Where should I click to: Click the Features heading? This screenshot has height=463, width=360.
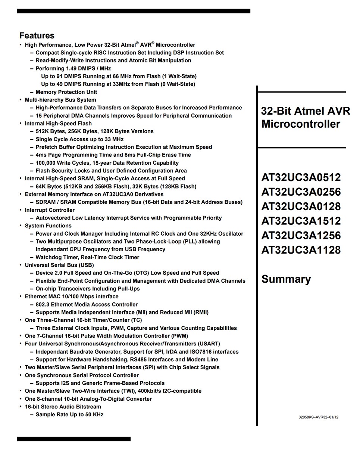[x=37, y=36]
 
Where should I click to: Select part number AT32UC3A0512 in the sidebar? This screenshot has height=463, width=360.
[x=301, y=177]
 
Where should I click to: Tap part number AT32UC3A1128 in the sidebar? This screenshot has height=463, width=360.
[x=301, y=250]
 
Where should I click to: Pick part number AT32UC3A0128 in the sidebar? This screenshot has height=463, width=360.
[x=301, y=206]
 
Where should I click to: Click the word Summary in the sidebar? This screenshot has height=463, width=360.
[x=286, y=279]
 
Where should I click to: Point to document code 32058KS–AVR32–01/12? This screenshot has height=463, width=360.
[x=318, y=417]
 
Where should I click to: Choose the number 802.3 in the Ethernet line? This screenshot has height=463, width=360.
[x=43, y=305]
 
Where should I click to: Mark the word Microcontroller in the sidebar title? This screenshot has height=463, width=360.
[x=301, y=124]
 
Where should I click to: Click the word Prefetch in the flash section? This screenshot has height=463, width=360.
[x=47, y=147]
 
